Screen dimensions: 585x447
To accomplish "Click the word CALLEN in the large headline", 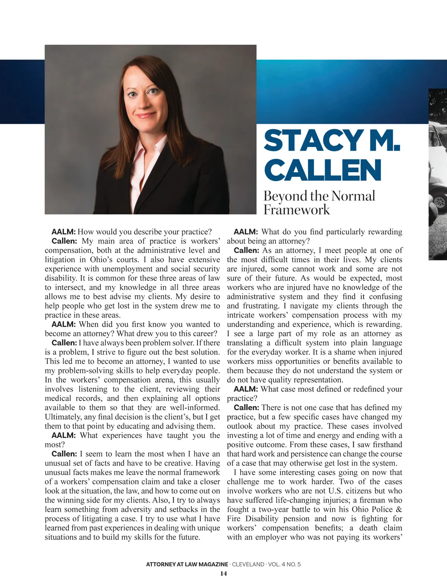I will point(323,170).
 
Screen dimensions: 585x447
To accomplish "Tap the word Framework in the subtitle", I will point(297,210).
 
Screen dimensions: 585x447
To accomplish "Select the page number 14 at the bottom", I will point(223,573).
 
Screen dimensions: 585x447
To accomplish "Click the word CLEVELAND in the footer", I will point(248,564).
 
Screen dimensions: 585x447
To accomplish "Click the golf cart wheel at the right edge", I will point(440,203).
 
